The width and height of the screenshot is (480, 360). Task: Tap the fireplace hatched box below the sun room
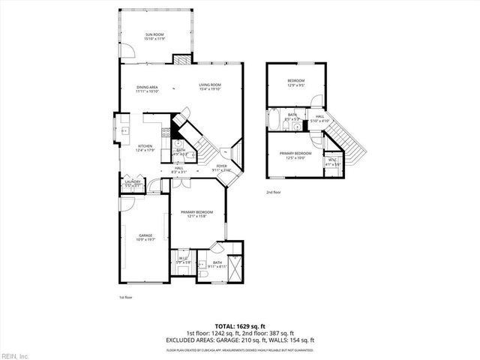pos(180,58)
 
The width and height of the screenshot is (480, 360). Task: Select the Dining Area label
pos(146,87)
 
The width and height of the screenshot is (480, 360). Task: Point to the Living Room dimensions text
pos(210,91)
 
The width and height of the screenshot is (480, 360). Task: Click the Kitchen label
pos(145,146)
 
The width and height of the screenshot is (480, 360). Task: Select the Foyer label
pos(222,166)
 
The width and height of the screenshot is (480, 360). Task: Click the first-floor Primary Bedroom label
pos(196,212)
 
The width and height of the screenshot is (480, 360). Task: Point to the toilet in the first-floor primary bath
pos(205,277)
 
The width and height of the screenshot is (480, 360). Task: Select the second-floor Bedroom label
pos(296,80)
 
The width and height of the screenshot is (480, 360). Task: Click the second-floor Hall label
pos(319,116)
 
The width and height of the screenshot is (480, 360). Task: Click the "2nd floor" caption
pos(274,193)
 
